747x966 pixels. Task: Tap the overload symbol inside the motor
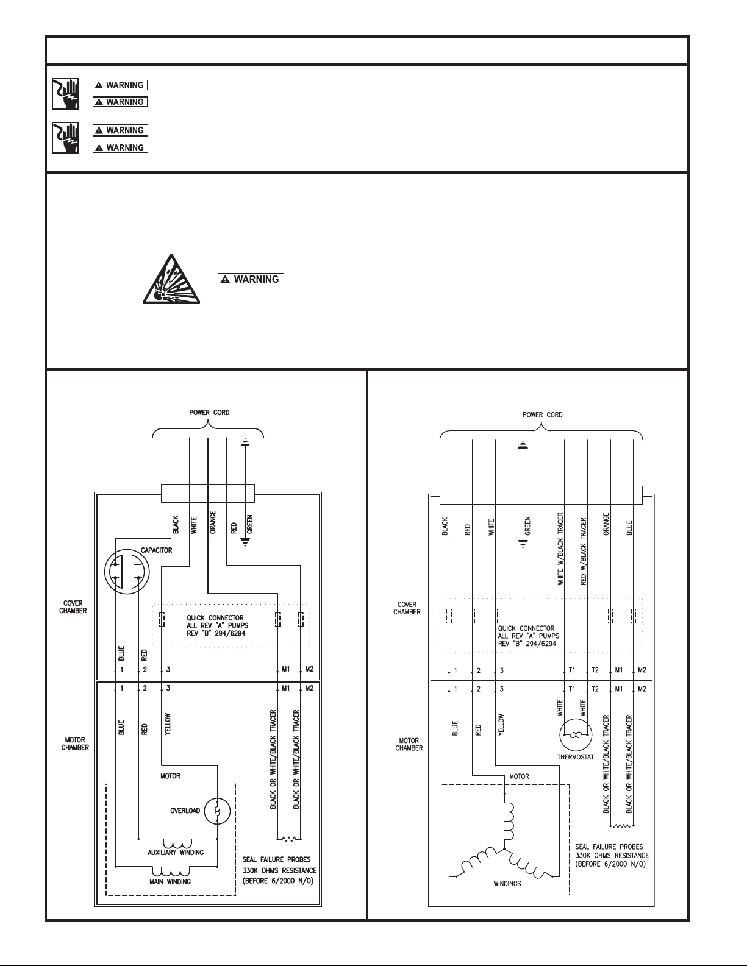coord(217,811)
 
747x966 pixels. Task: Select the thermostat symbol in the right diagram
coord(576,735)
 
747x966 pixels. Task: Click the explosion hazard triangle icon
coord(171,279)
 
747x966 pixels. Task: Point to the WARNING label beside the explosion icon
coord(251,279)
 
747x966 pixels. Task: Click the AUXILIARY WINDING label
coord(176,852)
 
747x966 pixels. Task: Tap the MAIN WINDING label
coord(170,881)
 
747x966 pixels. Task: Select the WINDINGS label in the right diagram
coord(507,883)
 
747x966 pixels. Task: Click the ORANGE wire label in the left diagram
coord(213,522)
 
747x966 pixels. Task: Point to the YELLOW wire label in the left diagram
coord(168,724)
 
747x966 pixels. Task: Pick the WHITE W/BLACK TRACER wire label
coord(560,549)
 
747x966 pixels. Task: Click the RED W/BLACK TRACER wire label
coord(584,551)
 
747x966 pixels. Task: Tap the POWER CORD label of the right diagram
coord(543,415)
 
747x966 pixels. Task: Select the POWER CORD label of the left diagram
coord(209,413)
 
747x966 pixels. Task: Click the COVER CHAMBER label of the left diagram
coord(73,607)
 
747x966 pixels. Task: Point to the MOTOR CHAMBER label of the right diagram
coord(409,744)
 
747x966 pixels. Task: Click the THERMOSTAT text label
coord(576,756)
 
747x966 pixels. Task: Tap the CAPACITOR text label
coord(157,550)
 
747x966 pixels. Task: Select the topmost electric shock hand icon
coord(65,93)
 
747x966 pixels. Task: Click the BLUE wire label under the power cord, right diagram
coord(629,528)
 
